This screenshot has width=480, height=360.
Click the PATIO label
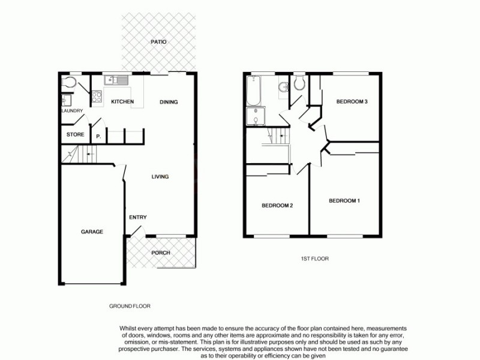pos(158,42)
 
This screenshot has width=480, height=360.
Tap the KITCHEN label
pos(122,101)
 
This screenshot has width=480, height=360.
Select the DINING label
pos(169,102)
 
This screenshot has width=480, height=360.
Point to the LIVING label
pos(160,177)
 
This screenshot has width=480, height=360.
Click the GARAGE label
pos(92,232)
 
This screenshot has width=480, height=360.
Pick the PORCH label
pos(160,253)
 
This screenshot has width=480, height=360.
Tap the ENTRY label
pos(138,217)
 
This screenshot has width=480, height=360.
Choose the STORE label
pos(75,134)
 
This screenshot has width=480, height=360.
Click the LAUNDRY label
pos(71,111)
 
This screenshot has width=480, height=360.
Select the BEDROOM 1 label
pos(344,200)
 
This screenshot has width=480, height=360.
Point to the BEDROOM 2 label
pos(277,206)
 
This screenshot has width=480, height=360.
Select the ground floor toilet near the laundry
pos(70,82)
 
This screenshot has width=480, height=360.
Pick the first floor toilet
pos(299,83)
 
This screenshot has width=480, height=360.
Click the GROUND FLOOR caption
pos(130,306)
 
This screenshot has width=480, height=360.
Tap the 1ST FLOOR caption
pos(314,259)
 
